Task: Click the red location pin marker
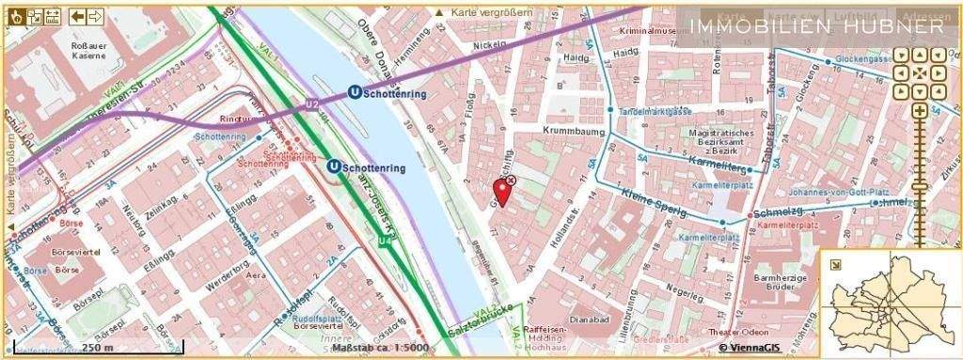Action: point(502,191)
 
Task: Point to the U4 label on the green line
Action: point(385,242)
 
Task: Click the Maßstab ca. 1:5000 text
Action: point(380,348)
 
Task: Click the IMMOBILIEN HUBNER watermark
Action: point(817,26)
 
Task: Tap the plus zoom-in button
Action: point(919,112)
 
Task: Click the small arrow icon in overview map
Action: point(833,264)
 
